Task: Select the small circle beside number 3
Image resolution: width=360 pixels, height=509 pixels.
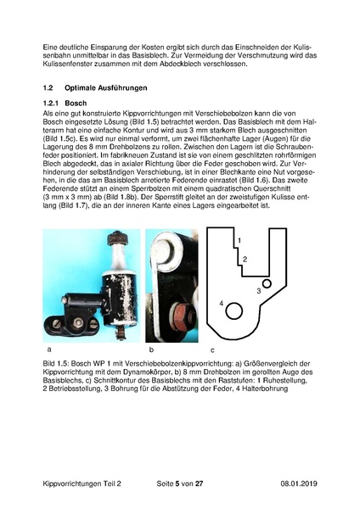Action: (267, 283)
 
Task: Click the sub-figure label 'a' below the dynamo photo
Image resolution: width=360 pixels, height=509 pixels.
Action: (51, 349)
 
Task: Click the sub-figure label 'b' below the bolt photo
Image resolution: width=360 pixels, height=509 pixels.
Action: (151, 349)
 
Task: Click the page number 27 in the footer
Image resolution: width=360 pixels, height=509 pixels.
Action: (200, 482)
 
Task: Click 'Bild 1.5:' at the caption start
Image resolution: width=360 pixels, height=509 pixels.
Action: (59, 364)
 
